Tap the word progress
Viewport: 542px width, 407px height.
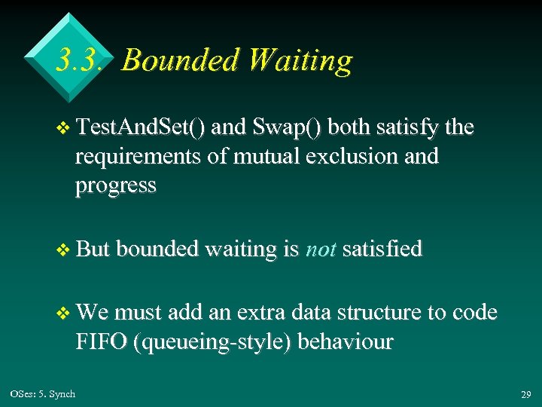[x=115, y=185]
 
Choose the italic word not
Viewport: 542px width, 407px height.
[x=320, y=249]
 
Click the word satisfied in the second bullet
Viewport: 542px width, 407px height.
[x=382, y=249]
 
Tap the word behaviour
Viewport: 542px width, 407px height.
[x=346, y=342]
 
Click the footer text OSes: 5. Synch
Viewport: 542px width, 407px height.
[x=43, y=394]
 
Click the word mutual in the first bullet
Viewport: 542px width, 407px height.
[x=255, y=157]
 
